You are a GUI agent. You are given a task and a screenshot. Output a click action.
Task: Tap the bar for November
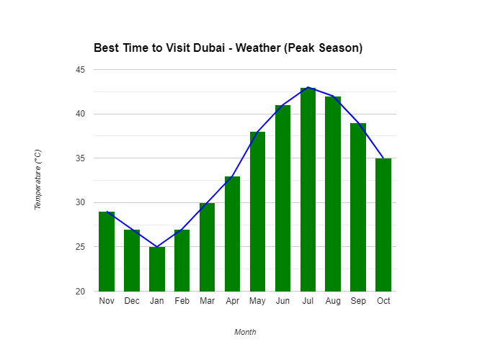pyautogui.click(x=107, y=251)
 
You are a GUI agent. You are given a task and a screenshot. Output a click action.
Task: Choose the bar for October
pyautogui.click(x=383, y=225)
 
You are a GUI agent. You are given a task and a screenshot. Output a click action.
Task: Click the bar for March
pyautogui.click(x=208, y=247)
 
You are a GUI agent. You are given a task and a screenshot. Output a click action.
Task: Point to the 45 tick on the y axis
pyautogui.click(x=79, y=70)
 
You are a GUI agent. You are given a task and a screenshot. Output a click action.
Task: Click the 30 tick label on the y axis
pyautogui.click(x=79, y=202)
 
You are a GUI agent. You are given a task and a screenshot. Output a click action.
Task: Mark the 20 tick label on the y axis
pyautogui.click(x=79, y=291)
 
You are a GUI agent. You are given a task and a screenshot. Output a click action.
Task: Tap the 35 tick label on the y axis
pyautogui.click(x=79, y=158)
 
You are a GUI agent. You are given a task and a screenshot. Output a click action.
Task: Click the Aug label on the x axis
pyautogui.click(x=333, y=301)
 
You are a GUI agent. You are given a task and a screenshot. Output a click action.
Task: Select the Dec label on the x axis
pyautogui.click(x=132, y=301)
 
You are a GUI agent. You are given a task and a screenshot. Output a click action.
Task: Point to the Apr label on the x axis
pyautogui.click(x=232, y=301)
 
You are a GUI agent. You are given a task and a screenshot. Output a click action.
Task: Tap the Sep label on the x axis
pyautogui.click(x=358, y=301)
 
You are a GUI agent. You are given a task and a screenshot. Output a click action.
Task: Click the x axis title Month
pyautogui.click(x=245, y=332)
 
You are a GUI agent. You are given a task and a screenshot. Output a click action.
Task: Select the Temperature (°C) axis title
pyautogui.click(x=38, y=180)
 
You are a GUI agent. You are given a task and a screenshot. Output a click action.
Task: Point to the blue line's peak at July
pyautogui.click(x=308, y=87)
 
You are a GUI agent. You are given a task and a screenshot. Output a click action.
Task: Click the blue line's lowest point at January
pyautogui.click(x=157, y=247)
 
